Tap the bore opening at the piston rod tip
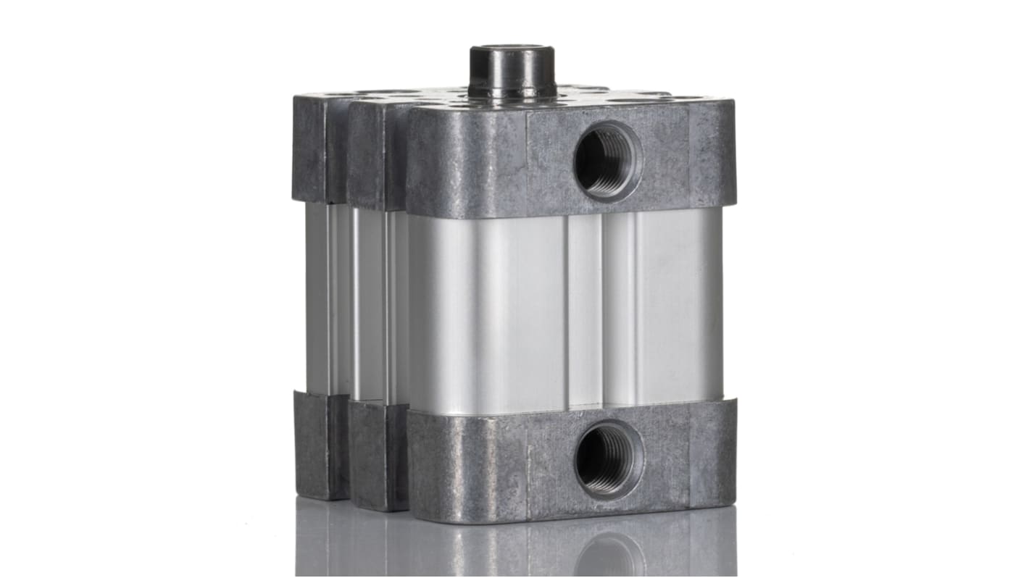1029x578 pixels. [x=512, y=51]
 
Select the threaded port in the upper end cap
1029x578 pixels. [x=607, y=161]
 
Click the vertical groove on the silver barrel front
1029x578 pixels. [x=586, y=311]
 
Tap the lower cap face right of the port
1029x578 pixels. [x=688, y=460]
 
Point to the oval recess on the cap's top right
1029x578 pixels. [x=678, y=97]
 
